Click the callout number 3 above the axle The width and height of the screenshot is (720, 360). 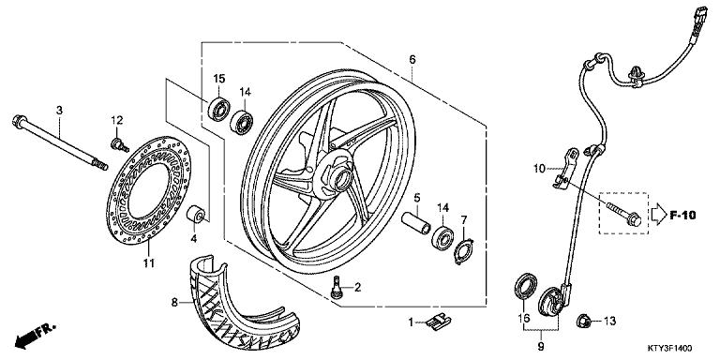pyautogui.click(x=59, y=111)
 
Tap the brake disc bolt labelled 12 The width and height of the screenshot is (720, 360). pyautogui.click(x=119, y=145)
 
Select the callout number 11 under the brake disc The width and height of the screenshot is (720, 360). pyautogui.click(x=148, y=263)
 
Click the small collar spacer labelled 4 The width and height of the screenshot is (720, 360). pyautogui.click(x=196, y=215)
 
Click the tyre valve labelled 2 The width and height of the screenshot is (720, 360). pyautogui.click(x=337, y=287)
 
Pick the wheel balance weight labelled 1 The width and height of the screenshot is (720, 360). pyautogui.click(x=439, y=320)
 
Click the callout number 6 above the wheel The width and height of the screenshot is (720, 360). pyautogui.click(x=412, y=59)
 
